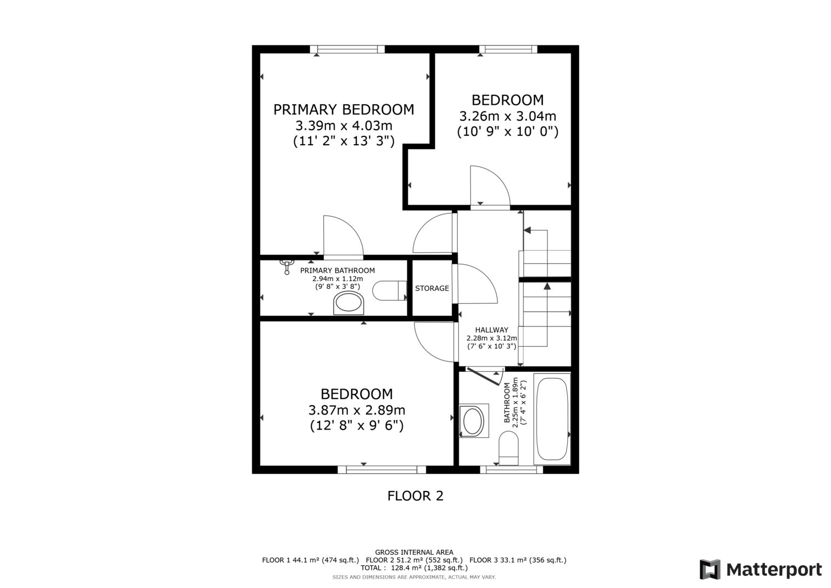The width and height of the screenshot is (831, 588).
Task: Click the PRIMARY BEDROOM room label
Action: [343, 110]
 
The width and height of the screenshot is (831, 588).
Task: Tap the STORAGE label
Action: [432, 288]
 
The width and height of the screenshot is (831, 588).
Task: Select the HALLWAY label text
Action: [491, 330]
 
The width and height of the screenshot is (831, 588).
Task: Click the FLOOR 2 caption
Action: [415, 496]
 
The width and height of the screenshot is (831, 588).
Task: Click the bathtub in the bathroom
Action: [552, 419]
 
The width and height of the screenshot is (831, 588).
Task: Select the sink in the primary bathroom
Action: [348, 303]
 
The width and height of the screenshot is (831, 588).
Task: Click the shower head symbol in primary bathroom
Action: [286, 267]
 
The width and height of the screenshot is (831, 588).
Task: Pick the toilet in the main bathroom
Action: [508, 448]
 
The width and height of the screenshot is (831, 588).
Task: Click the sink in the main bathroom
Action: [474, 421]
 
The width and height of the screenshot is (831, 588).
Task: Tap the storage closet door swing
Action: [477, 284]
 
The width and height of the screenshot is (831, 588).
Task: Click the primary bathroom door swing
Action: [343, 236]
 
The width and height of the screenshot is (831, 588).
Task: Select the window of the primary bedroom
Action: [347, 49]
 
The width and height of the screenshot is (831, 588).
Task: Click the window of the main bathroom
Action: [511, 469]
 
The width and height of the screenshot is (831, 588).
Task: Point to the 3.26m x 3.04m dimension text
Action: [507, 116]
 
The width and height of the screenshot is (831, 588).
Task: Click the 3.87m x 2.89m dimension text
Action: [357, 410]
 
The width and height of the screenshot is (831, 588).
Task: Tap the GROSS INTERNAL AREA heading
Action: [414, 553]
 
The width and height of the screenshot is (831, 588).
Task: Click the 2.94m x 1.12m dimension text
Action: [337, 279]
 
